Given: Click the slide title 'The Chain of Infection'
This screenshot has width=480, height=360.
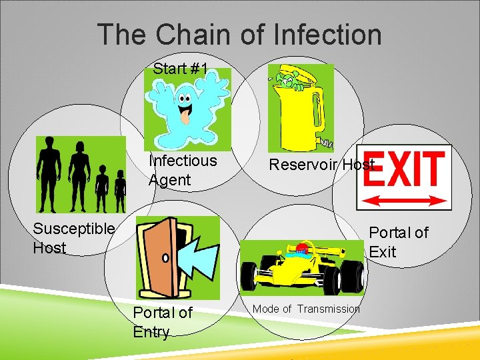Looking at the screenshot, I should pos(239,35).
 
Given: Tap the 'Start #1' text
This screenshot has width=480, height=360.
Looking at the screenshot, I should pos(180,69).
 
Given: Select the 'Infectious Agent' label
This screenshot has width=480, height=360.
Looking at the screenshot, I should pos(182,170).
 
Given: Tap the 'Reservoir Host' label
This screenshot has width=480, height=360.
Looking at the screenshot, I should pos(321,165).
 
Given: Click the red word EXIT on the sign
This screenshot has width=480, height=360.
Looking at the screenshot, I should pos(404,170).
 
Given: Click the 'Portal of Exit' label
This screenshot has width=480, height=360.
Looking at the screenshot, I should pos(399,242).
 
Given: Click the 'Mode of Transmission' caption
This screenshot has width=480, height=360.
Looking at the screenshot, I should pos(306,309).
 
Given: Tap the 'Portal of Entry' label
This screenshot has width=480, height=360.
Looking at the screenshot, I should pos(162,322).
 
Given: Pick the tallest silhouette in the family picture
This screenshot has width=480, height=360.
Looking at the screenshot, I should pos(48,173).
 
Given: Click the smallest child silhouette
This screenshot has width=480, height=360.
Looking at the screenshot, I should pos(120,191).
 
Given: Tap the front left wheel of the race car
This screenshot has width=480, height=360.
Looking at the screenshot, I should pos(254,277).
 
